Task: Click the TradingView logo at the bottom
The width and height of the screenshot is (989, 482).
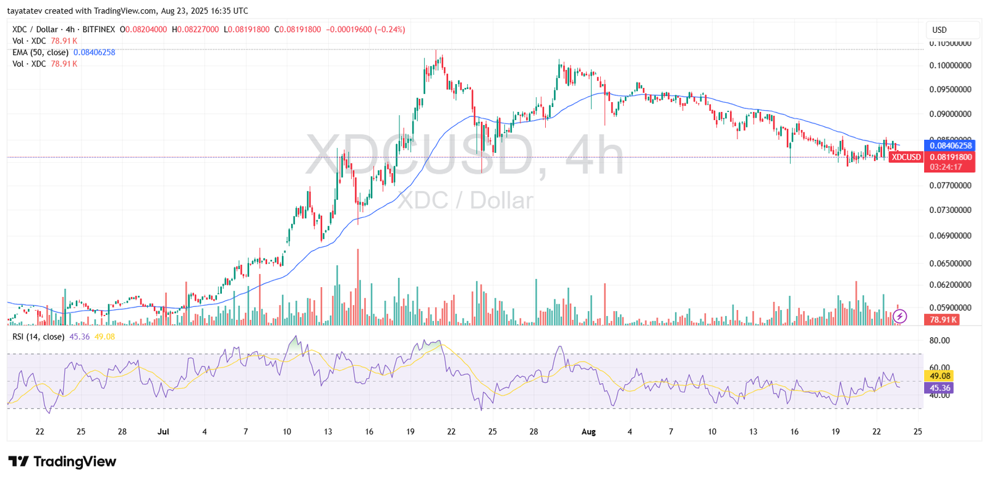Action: point(62,462)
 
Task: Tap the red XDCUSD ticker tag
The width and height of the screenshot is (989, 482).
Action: point(906,157)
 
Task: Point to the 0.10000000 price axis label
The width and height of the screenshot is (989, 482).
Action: point(950,65)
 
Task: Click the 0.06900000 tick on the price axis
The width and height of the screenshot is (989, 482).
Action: point(950,236)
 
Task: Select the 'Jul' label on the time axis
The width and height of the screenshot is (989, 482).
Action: point(163,431)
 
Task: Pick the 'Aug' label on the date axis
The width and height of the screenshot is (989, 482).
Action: point(588,431)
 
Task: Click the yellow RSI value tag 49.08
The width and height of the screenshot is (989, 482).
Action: point(940,376)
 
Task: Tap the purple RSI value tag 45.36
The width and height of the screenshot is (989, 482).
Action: point(940,388)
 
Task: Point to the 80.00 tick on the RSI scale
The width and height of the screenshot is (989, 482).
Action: point(940,340)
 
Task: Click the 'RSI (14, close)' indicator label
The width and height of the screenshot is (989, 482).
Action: point(38,337)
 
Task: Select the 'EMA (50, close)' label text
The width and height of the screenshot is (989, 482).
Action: point(40,53)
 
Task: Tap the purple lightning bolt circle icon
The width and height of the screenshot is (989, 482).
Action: point(900,316)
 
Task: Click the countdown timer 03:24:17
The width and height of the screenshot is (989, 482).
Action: point(946,167)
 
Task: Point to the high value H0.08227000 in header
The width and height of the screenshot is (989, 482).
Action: point(195,29)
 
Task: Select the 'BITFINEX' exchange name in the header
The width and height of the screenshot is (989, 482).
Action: point(98,29)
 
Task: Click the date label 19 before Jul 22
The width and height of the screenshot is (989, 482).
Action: point(410,431)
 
